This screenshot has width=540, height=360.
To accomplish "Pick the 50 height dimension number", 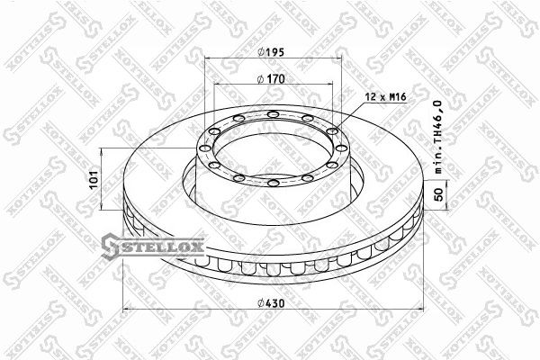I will tap(440, 193).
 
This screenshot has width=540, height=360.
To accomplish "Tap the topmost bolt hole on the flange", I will tap(272, 114).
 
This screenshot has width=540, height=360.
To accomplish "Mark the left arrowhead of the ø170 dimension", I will tap(218, 88).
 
